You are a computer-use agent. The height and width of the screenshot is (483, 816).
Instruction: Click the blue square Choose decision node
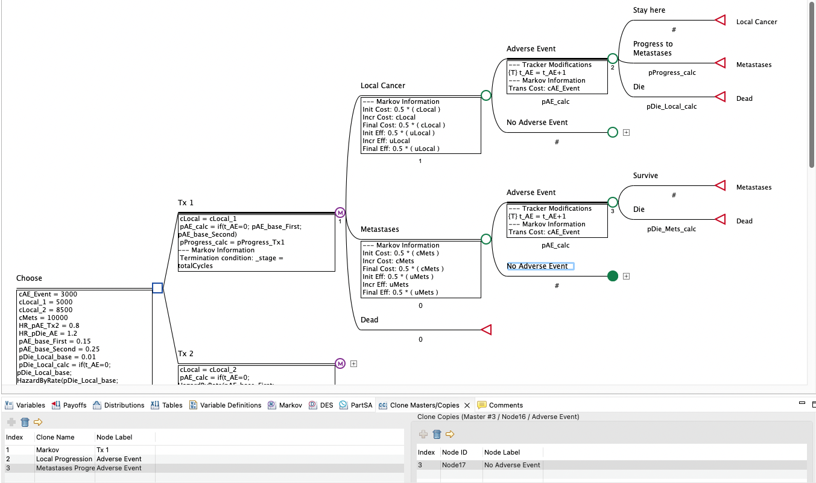coord(157,288)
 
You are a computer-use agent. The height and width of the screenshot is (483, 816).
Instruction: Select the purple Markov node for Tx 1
coord(340,213)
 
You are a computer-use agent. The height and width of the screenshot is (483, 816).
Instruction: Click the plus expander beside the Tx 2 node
coord(354,364)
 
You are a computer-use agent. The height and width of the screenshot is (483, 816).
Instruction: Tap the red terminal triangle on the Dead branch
coord(486,330)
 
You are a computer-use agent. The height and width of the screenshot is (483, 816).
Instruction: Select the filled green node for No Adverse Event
coord(613,276)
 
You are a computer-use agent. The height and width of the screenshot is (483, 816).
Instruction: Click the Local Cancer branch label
coord(382,86)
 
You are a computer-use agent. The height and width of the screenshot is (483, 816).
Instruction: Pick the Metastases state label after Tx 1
coord(379,229)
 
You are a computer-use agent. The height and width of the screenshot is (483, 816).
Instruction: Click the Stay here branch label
coord(649,10)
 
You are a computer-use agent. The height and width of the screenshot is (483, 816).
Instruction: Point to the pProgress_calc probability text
coord(672,72)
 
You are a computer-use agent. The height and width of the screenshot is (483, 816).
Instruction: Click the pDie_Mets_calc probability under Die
coord(671,229)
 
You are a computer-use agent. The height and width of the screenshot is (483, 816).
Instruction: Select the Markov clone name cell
coord(48,450)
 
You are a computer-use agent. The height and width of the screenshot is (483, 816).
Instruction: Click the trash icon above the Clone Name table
coord(25,422)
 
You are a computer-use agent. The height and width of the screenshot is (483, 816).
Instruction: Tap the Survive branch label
coord(645,176)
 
